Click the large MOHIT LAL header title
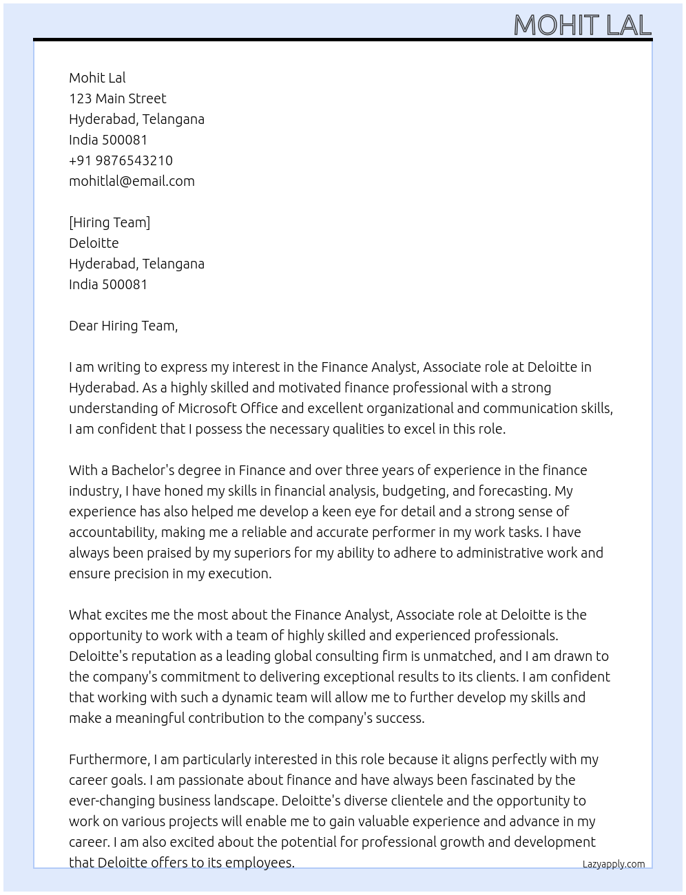(x=582, y=25)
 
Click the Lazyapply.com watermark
(x=614, y=864)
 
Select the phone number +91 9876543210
(x=121, y=160)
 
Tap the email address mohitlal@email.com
(x=132, y=181)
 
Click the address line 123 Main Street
(x=117, y=98)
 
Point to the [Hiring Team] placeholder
(x=110, y=222)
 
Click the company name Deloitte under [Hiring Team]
(x=94, y=243)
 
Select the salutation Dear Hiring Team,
(x=123, y=326)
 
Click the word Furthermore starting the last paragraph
(x=109, y=759)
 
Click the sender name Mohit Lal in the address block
(x=97, y=78)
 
